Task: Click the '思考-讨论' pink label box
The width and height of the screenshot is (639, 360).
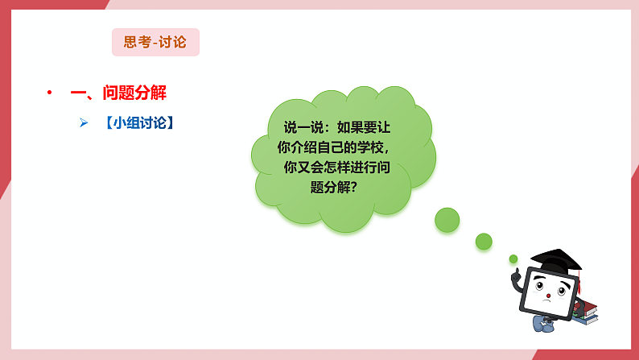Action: [x=155, y=43]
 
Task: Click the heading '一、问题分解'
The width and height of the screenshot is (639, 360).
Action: [x=118, y=93]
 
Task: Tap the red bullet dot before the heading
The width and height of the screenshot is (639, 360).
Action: [x=50, y=93]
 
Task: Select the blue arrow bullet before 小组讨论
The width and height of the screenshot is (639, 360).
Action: [x=83, y=122]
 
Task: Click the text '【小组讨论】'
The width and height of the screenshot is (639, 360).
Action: [x=138, y=122]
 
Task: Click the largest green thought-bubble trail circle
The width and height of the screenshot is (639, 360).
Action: [x=447, y=220]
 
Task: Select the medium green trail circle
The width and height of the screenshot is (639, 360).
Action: [x=484, y=241]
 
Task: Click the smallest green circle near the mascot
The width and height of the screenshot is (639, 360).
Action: [x=513, y=259]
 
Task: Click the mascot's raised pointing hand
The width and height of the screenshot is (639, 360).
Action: [x=515, y=275]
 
